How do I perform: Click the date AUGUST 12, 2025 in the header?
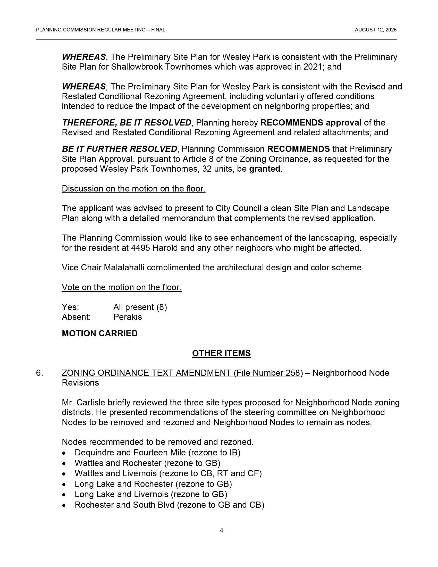click(375, 30)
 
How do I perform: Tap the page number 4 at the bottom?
click(221, 530)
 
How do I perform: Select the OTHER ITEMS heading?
click(221, 353)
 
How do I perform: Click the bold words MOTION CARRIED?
click(100, 333)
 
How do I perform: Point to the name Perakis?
click(127, 317)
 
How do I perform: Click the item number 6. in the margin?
click(39, 373)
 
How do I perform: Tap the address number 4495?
click(140, 248)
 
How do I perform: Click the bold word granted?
click(264, 169)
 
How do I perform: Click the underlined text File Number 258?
click(268, 373)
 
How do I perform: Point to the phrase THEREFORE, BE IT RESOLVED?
click(127, 123)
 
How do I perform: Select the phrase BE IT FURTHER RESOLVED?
click(119, 149)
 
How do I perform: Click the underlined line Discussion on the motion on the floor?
click(133, 189)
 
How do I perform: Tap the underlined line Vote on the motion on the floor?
click(121, 287)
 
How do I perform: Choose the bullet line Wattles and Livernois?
click(168, 473)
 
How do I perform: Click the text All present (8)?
click(140, 307)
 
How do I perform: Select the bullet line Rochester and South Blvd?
click(169, 505)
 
